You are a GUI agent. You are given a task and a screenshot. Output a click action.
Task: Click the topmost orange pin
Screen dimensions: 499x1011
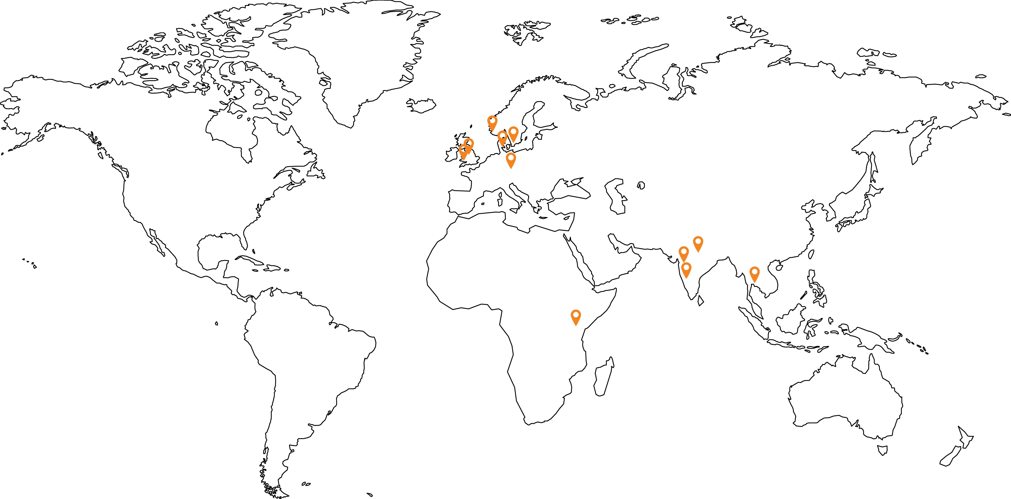tap(492, 123)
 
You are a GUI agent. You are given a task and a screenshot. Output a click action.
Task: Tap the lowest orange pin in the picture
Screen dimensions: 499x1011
tap(576, 317)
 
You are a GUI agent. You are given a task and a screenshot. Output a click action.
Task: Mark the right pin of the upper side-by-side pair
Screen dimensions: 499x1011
tap(513, 134)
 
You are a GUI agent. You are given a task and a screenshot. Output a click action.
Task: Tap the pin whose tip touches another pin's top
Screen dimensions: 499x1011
tap(684, 254)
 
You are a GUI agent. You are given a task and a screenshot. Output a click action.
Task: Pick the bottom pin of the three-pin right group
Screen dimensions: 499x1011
tap(686, 270)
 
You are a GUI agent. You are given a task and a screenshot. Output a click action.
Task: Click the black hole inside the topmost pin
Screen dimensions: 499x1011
tap(492, 121)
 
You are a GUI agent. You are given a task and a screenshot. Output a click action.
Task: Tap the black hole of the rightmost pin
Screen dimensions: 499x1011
tap(754, 271)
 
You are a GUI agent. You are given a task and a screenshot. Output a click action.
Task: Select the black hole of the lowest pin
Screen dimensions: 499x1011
tap(576, 315)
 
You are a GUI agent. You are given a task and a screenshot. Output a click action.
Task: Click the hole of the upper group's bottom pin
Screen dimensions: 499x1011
tap(511, 157)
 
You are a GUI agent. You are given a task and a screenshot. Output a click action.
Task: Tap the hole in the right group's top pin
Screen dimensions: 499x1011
tap(698, 241)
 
